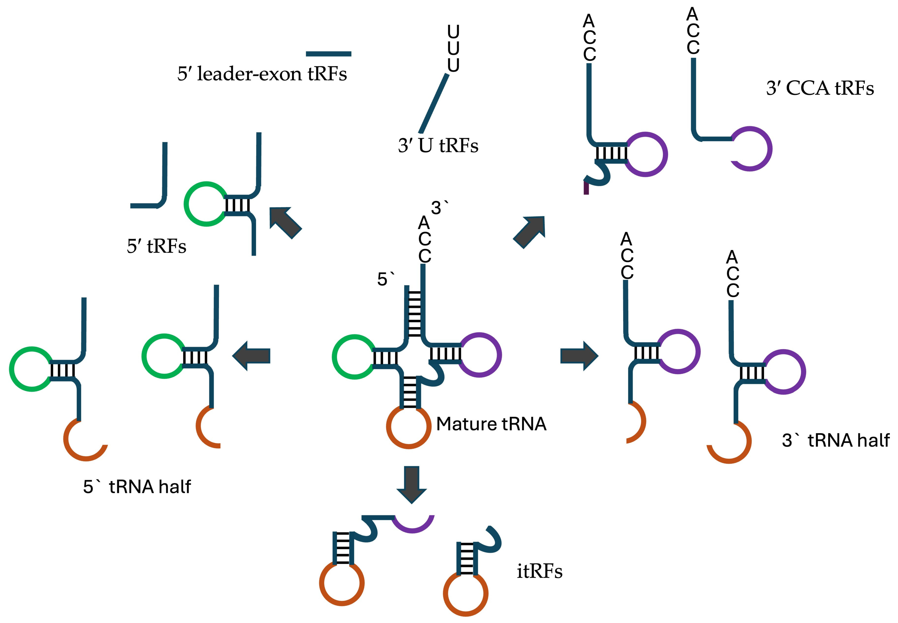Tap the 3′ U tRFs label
tap(438, 146)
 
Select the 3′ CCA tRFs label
tap(820, 88)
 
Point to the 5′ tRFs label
tap(156, 246)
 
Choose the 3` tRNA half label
tap(835, 440)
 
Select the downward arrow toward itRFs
tap(411, 484)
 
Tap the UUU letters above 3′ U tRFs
tap(453, 48)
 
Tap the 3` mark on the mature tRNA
tap(439, 208)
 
